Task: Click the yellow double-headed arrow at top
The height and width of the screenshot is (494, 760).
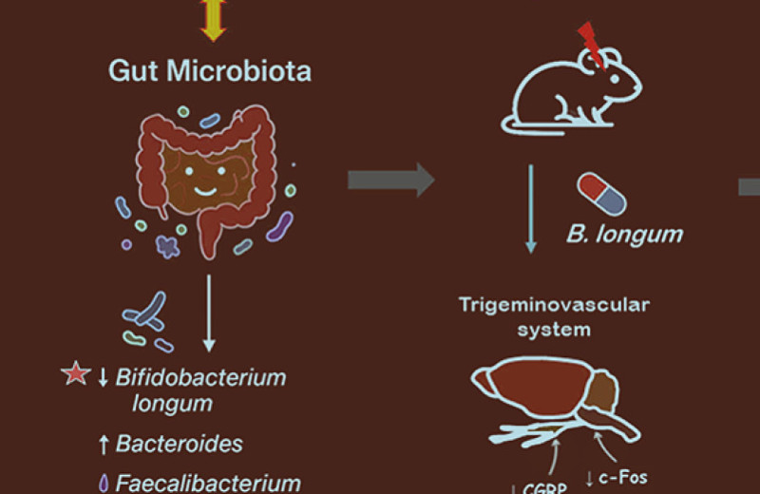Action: click(x=214, y=20)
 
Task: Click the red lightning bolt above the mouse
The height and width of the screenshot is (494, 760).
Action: click(x=590, y=44)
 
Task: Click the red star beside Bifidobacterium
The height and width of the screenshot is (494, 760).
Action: click(x=74, y=375)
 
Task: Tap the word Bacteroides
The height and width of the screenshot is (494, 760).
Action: click(x=179, y=444)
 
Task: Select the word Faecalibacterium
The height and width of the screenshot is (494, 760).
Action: click(x=208, y=483)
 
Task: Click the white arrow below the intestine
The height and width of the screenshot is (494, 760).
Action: click(x=210, y=313)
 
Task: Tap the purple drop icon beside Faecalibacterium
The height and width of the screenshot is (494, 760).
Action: click(x=103, y=483)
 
